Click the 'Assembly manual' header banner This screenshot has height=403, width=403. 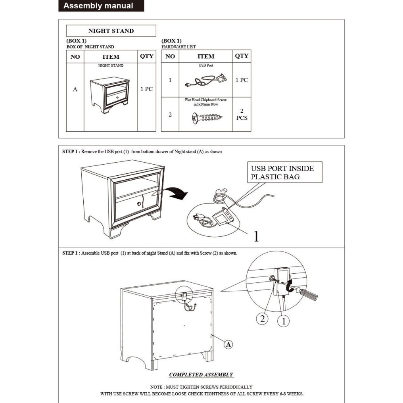pyautogui.click(x=98, y=6)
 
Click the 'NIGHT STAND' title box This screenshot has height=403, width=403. pyautogui.click(x=111, y=31)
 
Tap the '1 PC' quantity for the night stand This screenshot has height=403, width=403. pyautogui.click(x=146, y=89)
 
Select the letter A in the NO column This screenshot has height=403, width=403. pyautogui.click(x=75, y=90)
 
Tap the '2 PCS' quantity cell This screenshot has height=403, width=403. pyautogui.click(x=242, y=114)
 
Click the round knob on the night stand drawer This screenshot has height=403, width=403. pyautogui.click(x=139, y=204)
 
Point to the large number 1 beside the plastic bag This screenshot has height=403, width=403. pyautogui.click(x=256, y=237)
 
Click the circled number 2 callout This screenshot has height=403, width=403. pyautogui.click(x=262, y=319)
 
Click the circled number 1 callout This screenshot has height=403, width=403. pyautogui.click(x=283, y=321)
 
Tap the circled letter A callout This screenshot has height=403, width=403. pyautogui.click(x=228, y=344)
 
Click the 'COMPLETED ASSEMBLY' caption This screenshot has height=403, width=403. pyautogui.click(x=201, y=374)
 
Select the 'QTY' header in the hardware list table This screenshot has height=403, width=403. pyautogui.click(x=242, y=56)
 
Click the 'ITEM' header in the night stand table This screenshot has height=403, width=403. pyautogui.click(x=111, y=57)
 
